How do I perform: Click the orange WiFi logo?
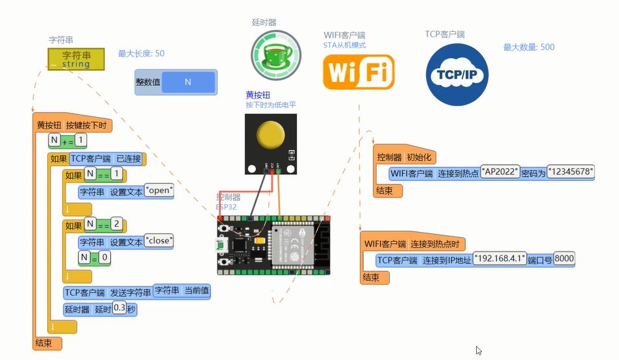click(359, 71)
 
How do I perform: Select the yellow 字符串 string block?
click(76, 58)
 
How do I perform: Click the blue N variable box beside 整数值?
click(188, 83)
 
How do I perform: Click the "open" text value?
click(158, 191)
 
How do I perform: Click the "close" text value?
click(160, 240)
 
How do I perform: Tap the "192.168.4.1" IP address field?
click(499, 259)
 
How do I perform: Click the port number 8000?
click(564, 259)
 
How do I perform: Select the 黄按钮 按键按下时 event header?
click(71, 125)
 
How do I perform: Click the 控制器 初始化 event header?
click(407, 157)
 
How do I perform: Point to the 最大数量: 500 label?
click(529, 47)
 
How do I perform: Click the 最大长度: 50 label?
click(141, 53)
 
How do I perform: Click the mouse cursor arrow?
click(479, 350)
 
